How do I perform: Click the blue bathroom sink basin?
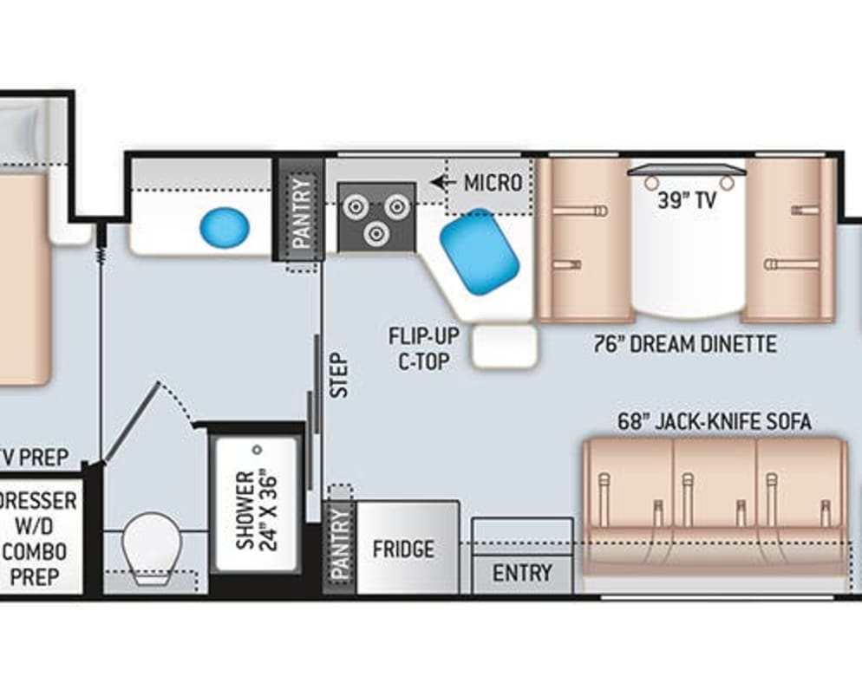225,228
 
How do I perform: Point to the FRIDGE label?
403,549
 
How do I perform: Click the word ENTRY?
522,573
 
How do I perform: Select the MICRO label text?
493,183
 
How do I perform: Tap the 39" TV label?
688,201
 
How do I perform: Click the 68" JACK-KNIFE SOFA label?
715,422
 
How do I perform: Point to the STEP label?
338,375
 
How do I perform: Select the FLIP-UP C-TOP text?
423,348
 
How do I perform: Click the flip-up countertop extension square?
505,348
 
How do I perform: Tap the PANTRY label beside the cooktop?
301,213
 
